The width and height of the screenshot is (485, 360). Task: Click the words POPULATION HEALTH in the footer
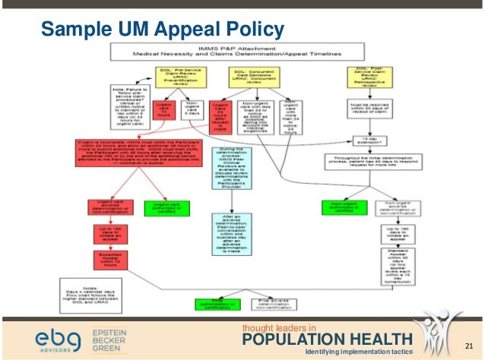tap(327, 339)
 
